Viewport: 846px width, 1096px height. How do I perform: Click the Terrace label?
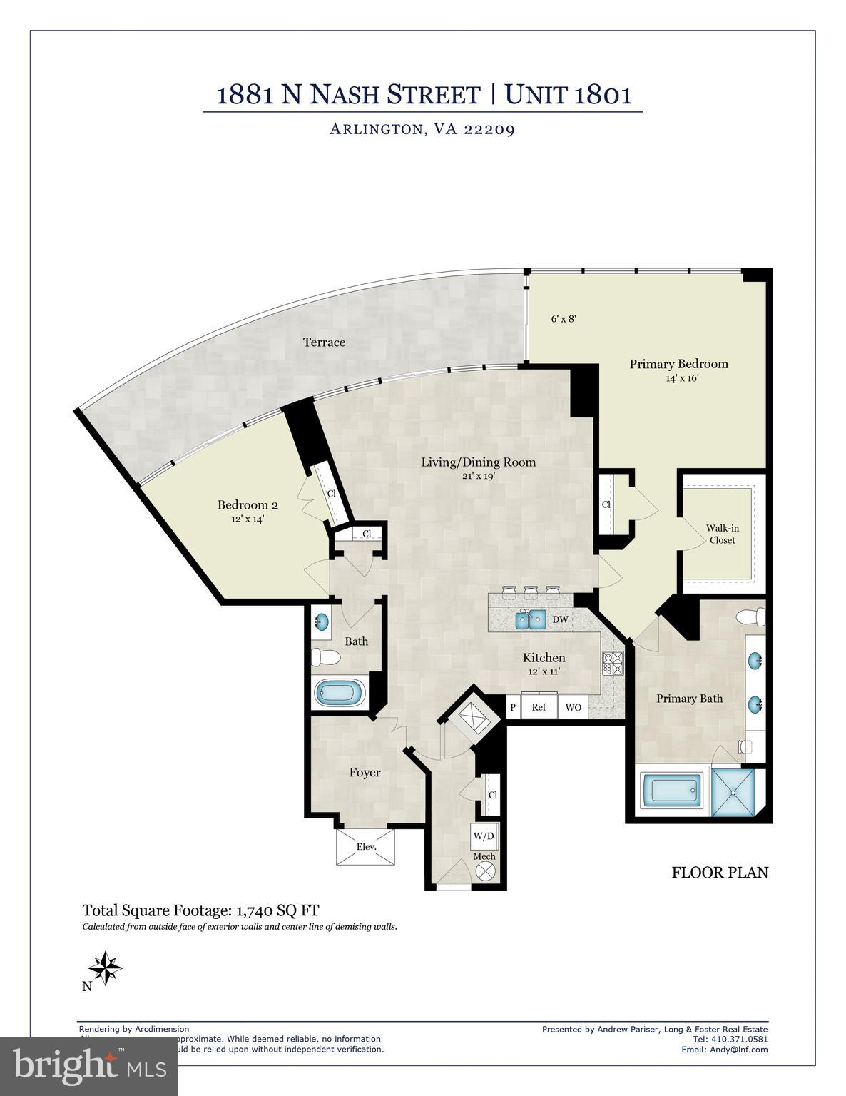(x=324, y=342)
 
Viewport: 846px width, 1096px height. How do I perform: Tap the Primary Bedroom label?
(x=678, y=364)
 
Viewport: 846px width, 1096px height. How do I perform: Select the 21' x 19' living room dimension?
(x=478, y=476)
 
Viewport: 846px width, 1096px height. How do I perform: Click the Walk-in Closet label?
(x=722, y=534)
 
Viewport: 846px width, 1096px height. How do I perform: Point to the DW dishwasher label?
(x=561, y=619)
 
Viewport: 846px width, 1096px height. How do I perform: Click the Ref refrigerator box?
(x=539, y=707)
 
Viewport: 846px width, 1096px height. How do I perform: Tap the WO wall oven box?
(x=574, y=707)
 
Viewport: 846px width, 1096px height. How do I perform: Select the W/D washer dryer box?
(x=484, y=836)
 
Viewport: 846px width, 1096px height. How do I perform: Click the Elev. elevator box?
(x=365, y=847)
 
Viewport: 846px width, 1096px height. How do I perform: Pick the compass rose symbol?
(x=105, y=968)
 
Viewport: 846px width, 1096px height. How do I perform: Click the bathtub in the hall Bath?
(x=340, y=692)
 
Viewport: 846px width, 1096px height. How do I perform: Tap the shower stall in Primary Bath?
(x=737, y=790)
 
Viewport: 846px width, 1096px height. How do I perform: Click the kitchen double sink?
(x=531, y=619)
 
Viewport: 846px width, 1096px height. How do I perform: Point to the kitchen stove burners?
(x=613, y=664)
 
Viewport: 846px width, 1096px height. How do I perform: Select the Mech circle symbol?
(x=484, y=871)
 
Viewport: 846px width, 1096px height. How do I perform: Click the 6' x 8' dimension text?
(x=563, y=319)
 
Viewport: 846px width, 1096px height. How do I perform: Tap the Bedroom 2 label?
(x=248, y=505)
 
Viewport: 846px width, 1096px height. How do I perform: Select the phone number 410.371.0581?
(x=739, y=1039)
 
